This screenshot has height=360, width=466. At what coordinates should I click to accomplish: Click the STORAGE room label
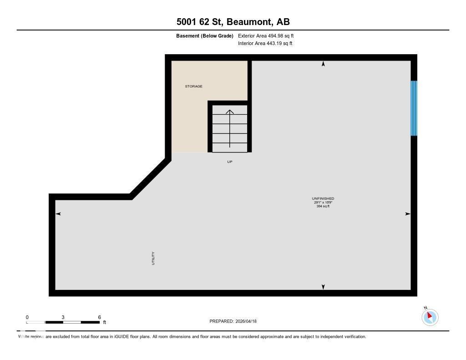(193, 86)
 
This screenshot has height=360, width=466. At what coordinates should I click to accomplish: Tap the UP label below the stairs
(230, 162)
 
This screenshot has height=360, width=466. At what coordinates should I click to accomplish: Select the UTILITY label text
(153, 258)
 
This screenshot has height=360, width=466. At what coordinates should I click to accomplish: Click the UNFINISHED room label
(323, 198)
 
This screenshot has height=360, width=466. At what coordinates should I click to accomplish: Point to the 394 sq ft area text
(323, 206)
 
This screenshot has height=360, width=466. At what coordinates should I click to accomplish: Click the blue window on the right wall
(414, 108)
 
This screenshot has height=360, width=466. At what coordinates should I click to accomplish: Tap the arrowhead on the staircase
(230, 112)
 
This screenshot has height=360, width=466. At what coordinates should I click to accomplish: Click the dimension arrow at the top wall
(323, 64)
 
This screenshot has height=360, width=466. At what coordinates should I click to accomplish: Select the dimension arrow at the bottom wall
(323, 287)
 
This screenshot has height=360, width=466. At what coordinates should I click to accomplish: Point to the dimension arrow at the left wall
(58, 213)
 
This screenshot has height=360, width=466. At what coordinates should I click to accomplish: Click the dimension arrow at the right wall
(408, 213)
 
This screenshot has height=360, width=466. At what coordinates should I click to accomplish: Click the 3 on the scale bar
(63, 317)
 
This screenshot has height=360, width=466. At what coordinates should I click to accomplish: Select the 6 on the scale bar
(99, 317)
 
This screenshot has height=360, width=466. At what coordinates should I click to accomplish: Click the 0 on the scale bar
(27, 317)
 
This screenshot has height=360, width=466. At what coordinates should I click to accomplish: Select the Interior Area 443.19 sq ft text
(265, 44)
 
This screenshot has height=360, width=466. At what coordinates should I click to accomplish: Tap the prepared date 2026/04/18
(246, 321)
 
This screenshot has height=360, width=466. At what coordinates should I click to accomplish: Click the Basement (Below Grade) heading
(205, 35)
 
